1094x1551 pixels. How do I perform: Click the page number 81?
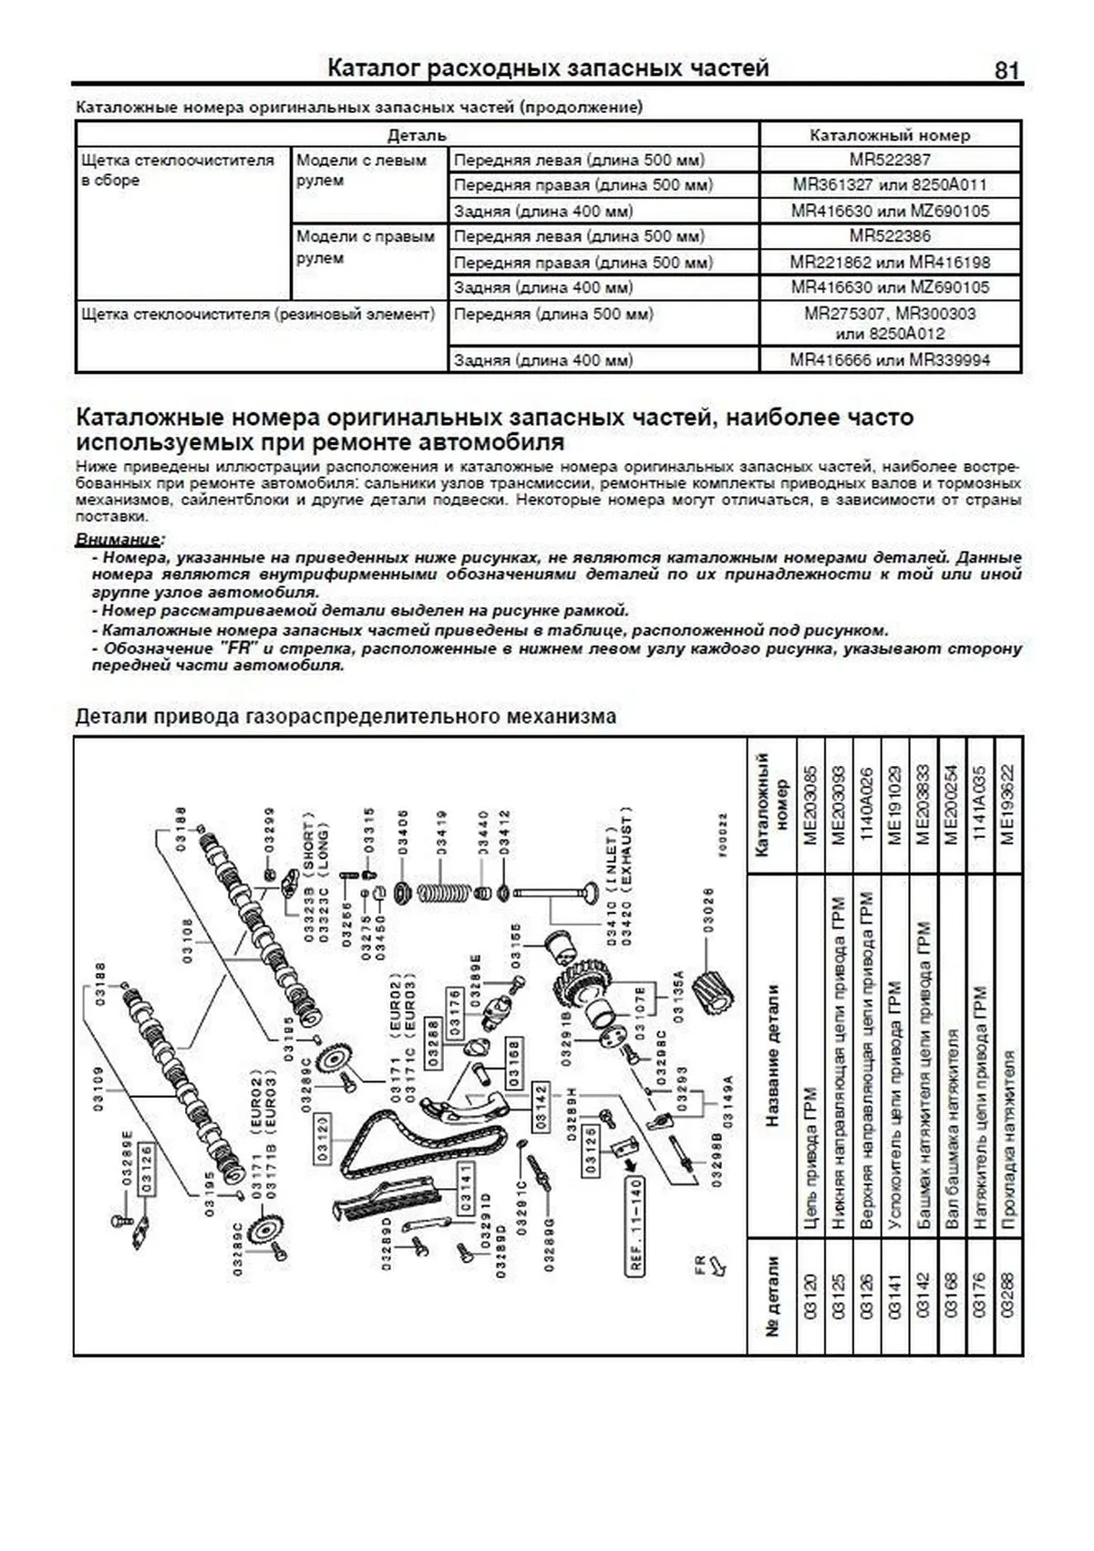[x=1006, y=70]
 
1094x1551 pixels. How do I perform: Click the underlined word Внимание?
[x=119, y=539]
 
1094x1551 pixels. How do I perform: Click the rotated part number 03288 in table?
[x=1006, y=1294]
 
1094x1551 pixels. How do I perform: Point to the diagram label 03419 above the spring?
[x=442, y=833]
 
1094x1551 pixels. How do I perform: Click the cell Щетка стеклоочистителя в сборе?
[x=178, y=171]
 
